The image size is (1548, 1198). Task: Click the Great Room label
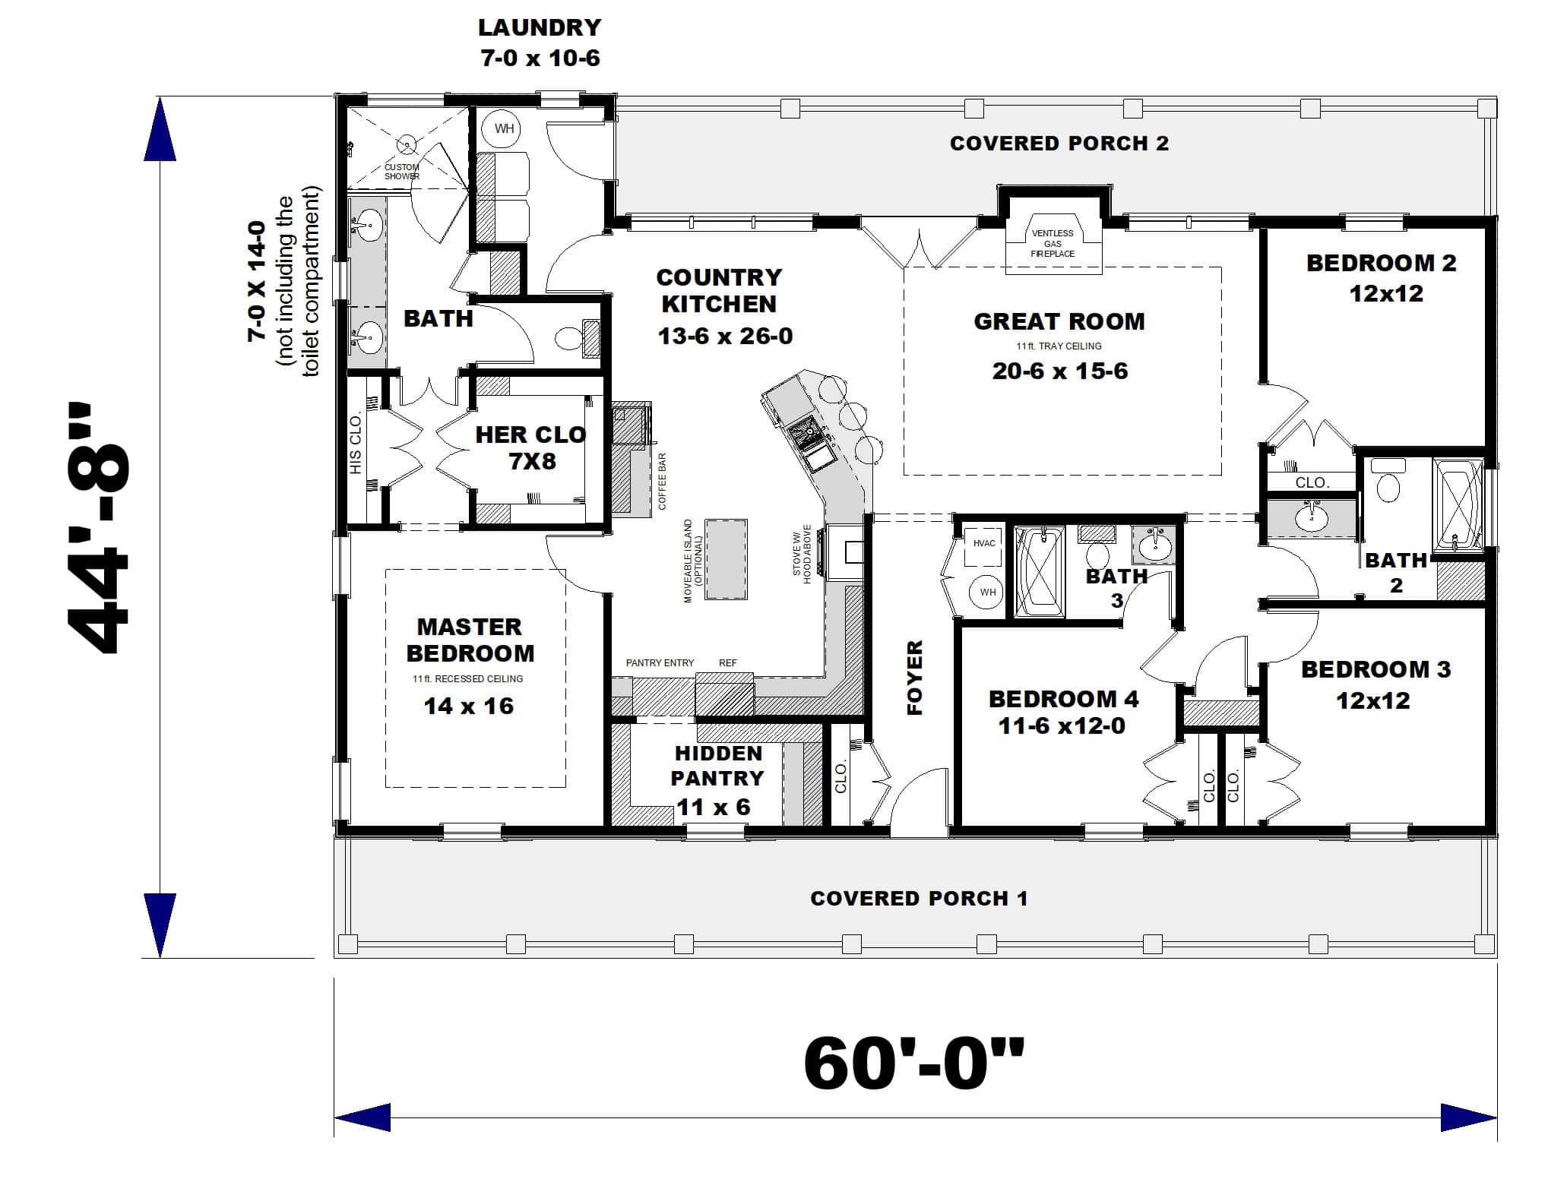[1059, 321]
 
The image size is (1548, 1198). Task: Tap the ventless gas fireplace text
[1053, 243]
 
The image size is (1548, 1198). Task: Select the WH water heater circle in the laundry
[504, 128]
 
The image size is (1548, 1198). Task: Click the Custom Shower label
[401, 172]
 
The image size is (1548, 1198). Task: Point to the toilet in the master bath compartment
[567, 339]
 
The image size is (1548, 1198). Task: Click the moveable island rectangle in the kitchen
[726, 560]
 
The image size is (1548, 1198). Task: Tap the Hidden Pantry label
[718, 766]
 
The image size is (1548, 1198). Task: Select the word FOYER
[915, 678]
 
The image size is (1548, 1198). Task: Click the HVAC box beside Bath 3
[984, 544]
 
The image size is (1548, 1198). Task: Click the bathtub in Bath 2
[1457, 504]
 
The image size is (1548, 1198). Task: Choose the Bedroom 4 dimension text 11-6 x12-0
[1061, 726]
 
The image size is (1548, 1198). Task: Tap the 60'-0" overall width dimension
[913, 1064]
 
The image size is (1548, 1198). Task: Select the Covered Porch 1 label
[918, 899]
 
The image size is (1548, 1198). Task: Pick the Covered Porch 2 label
[1059, 144]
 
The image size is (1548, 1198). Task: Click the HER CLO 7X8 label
[530, 447]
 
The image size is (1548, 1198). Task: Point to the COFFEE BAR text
[662, 482]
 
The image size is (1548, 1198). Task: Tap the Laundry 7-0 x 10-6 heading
[540, 43]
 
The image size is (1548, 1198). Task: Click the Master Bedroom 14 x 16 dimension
[468, 706]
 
